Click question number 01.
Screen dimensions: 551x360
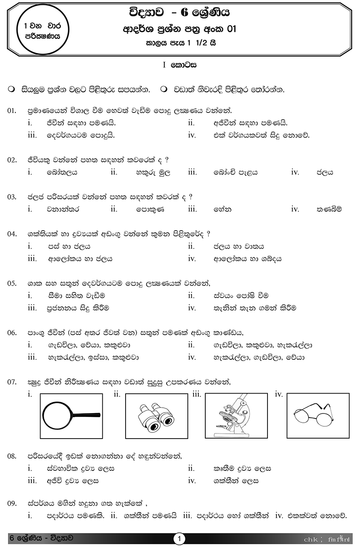tap(12, 111)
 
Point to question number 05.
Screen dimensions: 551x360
tap(12, 283)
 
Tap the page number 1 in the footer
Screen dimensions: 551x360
tap(179, 539)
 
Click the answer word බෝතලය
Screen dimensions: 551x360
tap(62, 172)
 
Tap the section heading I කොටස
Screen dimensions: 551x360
tap(179, 65)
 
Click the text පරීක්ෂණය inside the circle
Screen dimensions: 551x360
tap(43, 37)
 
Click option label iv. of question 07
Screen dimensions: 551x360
tap(278, 394)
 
